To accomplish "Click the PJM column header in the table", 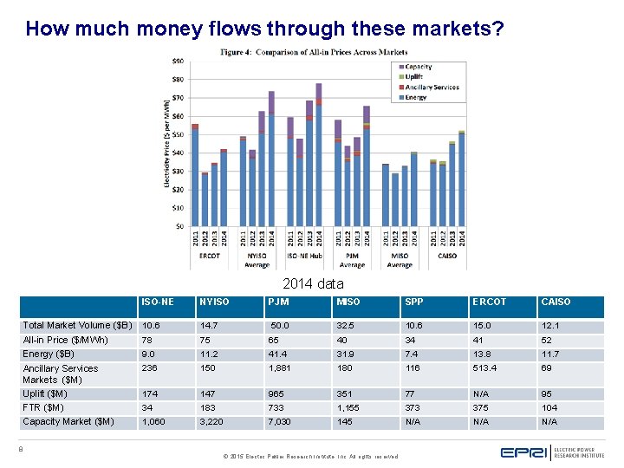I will [280, 302].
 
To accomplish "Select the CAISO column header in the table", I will [556, 302].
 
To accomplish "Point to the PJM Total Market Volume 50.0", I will [281, 326].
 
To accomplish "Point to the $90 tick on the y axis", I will [177, 61].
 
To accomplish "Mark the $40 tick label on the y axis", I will [177, 153].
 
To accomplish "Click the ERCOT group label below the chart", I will [209, 256].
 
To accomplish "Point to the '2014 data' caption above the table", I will [313, 283].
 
